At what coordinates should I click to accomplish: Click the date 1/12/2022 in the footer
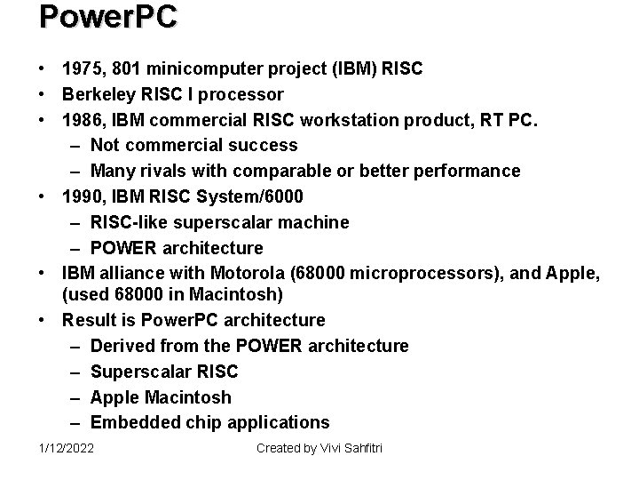click(67, 448)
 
